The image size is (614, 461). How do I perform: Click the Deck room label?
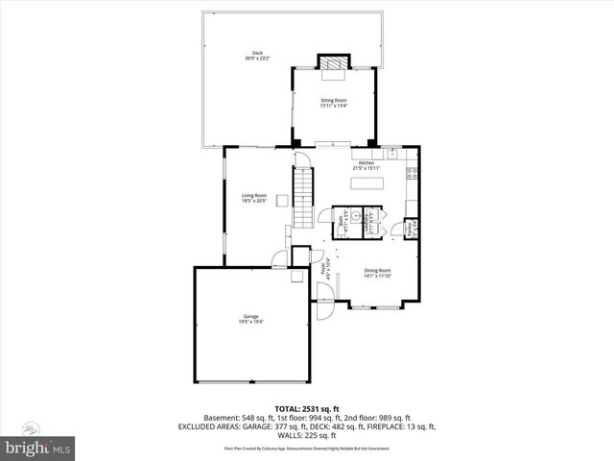coord(257,56)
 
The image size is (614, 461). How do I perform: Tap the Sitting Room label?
coord(333,102)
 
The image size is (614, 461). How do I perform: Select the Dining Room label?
coord(377,272)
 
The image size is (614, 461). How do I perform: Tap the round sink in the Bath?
coord(355,217)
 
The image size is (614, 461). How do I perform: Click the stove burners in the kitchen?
coord(413,174)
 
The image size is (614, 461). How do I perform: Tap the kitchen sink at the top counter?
coord(392,152)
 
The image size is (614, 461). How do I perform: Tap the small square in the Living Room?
coord(282,201)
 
